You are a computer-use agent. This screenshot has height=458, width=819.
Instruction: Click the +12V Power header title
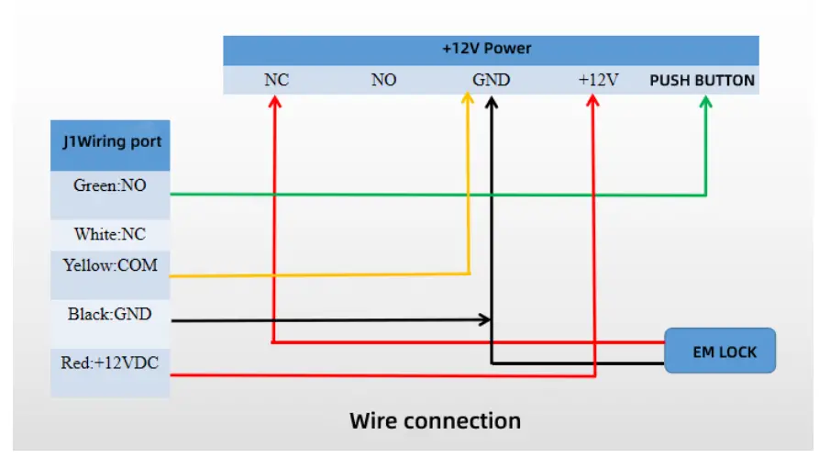click(x=486, y=49)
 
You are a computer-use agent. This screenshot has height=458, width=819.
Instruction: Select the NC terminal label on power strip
click(x=276, y=80)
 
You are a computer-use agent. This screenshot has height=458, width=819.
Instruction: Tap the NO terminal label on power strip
click(x=384, y=80)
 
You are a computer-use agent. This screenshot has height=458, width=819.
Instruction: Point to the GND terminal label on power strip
click(x=491, y=80)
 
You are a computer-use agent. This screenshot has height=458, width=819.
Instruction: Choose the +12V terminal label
click(x=598, y=80)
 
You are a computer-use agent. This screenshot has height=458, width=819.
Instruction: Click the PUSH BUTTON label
click(x=702, y=81)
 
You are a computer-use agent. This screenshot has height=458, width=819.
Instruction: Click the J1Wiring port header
click(x=112, y=141)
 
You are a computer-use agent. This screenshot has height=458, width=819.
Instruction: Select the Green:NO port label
click(x=110, y=185)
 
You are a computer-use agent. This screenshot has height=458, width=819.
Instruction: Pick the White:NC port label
click(x=110, y=234)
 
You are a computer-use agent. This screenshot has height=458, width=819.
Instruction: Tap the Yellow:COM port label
click(x=110, y=265)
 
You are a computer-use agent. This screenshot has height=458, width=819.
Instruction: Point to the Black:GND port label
click(x=110, y=314)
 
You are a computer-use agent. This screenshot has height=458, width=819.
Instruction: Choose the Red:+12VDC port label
click(x=110, y=363)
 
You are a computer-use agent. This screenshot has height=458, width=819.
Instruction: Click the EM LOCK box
click(x=720, y=351)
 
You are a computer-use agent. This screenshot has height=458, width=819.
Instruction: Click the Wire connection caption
click(x=435, y=421)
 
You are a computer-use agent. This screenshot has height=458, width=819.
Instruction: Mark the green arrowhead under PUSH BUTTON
click(x=705, y=102)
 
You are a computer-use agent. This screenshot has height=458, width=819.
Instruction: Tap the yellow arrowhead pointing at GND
click(x=468, y=98)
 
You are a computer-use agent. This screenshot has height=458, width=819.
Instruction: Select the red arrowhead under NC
click(x=275, y=102)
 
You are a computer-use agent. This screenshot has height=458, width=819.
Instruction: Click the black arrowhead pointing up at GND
click(x=491, y=103)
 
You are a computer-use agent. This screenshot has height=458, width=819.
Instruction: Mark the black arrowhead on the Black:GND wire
click(x=485, y=318)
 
